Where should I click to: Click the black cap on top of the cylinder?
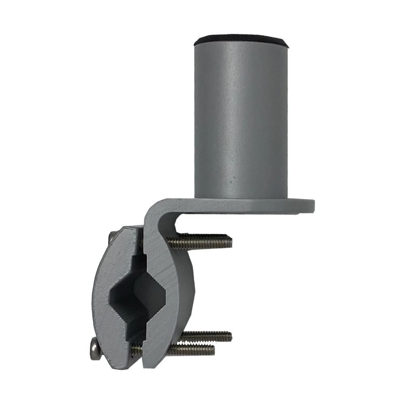pos(241,40)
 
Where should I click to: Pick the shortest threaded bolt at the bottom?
pos(190,349)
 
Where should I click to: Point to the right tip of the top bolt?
pos(231,242)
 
